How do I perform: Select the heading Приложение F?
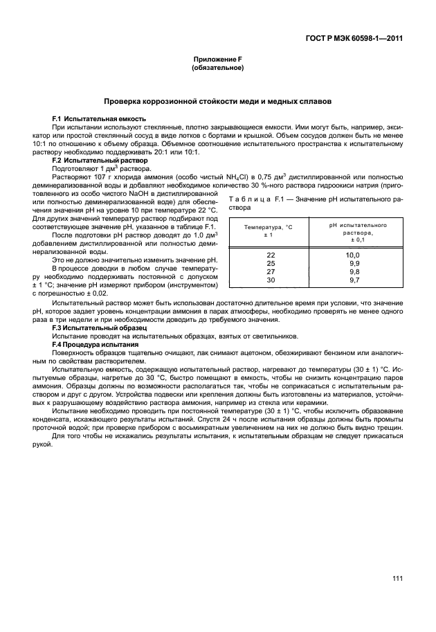coord(217,60)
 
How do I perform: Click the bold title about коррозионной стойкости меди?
coord(217,101)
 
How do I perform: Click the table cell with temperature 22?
coord(271,255)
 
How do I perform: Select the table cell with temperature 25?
coord(271,263)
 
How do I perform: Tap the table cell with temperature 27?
coord(271,271)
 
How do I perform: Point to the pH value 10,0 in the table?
coord(353,255)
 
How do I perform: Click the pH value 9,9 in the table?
coord(354,263)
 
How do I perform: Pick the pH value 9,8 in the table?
coord(354,271)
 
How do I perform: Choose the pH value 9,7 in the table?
coord(354,280)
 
